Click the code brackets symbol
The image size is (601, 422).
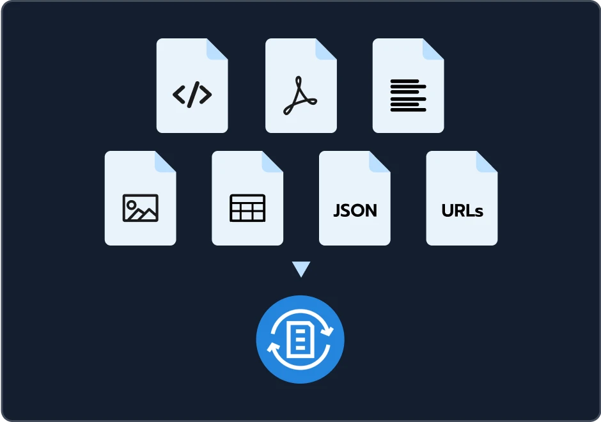tap(192, 94)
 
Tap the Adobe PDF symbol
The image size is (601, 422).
tap(300, 96)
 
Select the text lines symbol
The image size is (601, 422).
tap(408, 95)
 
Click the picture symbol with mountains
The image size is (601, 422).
tap(140, 208)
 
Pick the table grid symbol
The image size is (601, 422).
tap(247, 208)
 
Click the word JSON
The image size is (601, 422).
tap(355, 210)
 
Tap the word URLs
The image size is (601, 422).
tap(462, 210)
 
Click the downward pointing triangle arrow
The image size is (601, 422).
tap(301, 269)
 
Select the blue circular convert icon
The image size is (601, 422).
tap(300, 340)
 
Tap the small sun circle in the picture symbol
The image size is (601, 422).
tap(131, 205)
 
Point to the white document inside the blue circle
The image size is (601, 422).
tap(300, 340)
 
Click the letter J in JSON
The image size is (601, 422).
tap(336, 211)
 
